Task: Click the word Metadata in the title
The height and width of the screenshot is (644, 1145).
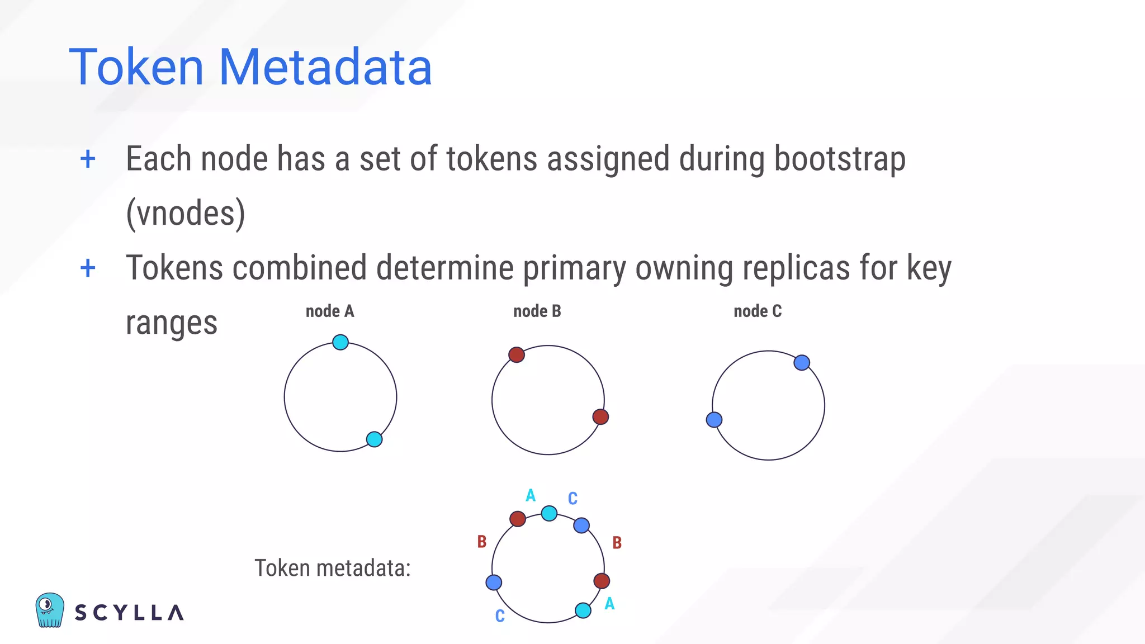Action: [325, 68]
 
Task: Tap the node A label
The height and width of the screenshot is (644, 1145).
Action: [330, 311]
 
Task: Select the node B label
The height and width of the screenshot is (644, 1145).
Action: [537, 311]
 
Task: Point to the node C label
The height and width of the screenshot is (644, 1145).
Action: [758, 311]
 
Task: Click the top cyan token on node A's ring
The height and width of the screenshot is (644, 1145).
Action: [340, 342]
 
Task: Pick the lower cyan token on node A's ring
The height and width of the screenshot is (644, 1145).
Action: [374, 439]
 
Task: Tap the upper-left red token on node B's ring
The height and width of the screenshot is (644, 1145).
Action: [517, 355]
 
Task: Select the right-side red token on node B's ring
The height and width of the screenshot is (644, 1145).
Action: [600, 417]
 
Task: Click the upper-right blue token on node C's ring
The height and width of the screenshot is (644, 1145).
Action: [802, 363]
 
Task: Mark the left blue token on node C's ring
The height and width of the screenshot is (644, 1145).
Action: [714, 420]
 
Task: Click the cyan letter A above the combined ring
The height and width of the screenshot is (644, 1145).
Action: [531, 495]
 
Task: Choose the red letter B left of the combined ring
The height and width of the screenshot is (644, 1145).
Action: [482, 542]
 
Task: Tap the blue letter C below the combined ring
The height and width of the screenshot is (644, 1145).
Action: [500, 616]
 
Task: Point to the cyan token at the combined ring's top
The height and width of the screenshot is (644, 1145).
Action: [549, 513]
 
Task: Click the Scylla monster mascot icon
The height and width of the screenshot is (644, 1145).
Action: [50, 610]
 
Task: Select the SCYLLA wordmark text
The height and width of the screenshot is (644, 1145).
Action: [129, 613]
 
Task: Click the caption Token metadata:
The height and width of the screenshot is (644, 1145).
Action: [333, 569]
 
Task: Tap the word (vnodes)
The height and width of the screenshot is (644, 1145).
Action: [186, 214]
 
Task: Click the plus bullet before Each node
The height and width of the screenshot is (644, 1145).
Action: [88, 159]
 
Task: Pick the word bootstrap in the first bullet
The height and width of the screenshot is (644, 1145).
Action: [840, 159]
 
